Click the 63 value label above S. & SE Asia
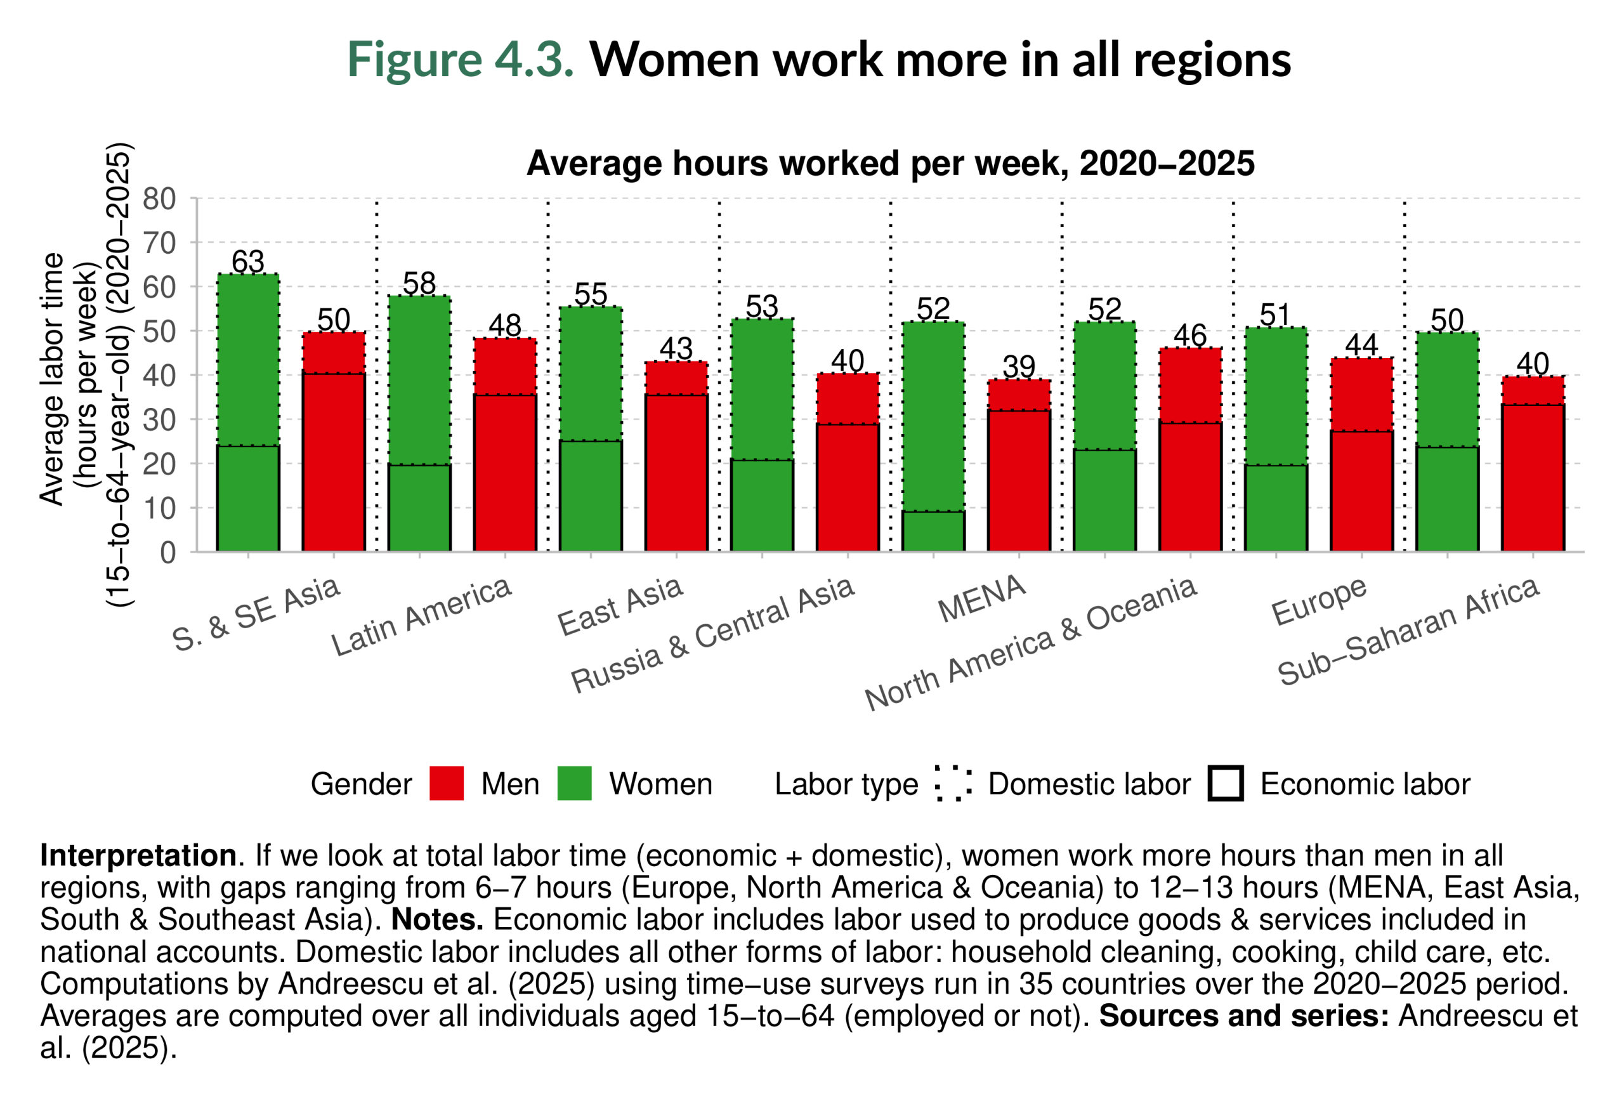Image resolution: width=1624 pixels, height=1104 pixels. point(248,262)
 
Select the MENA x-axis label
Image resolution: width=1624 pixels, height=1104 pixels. point(981,599)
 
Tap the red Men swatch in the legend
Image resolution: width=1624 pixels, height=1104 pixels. point(447,784)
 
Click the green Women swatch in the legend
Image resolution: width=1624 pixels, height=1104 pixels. point(574,784)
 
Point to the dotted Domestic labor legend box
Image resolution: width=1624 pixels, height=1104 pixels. point(952,784)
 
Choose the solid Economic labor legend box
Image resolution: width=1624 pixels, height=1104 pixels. point(1225,784)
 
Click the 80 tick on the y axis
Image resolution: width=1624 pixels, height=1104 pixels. point(159,199)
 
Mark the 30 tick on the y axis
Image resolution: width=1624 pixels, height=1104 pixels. point(159,420)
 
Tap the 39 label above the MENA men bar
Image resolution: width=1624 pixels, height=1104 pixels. point(1019,367)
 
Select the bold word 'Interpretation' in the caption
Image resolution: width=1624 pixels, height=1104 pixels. point(138,855)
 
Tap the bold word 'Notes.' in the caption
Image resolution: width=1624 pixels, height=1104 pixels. point(438,919)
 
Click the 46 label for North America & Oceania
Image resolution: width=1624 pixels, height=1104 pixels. point(1190,336)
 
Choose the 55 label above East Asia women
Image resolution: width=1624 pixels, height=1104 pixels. point(591,294)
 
